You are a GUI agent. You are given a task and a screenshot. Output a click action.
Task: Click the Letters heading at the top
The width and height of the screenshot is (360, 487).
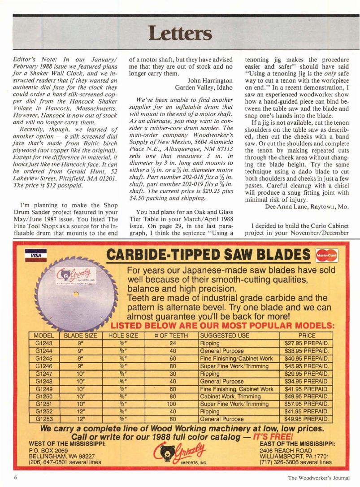coord(180,32)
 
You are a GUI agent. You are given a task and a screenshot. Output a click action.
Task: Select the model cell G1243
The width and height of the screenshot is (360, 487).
coord(44,344)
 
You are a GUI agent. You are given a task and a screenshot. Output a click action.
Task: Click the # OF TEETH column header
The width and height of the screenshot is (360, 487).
coord(171,335)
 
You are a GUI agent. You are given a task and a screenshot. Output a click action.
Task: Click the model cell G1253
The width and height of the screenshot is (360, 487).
coord(44,419)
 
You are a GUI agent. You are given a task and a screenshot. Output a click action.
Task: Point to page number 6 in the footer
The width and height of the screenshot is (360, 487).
coord(15,477)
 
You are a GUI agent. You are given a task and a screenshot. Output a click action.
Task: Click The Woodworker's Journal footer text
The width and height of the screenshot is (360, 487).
coord(317,477)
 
